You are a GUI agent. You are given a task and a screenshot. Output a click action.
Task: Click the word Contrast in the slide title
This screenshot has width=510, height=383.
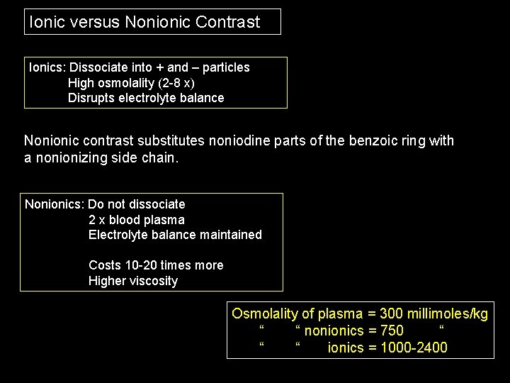(227, 22)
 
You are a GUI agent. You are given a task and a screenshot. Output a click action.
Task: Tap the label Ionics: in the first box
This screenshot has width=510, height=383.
(47, 67)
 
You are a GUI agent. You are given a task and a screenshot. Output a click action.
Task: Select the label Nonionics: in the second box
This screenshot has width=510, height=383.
(55, 204)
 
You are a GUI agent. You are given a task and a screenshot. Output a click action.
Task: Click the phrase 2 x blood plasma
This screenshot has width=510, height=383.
(137, 220)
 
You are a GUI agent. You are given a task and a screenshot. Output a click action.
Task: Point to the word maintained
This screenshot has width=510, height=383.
(229, 235)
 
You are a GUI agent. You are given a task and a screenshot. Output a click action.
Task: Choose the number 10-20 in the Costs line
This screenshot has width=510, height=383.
(139, 265)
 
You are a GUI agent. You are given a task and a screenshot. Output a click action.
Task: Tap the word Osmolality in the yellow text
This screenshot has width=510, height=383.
(265, 313)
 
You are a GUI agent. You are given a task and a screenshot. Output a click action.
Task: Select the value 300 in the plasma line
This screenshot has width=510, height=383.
(392, 313)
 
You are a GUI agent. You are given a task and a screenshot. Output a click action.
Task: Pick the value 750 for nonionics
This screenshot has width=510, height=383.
(392, 331)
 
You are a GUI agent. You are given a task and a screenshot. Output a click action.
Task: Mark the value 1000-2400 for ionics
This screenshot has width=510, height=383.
(414, 348)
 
